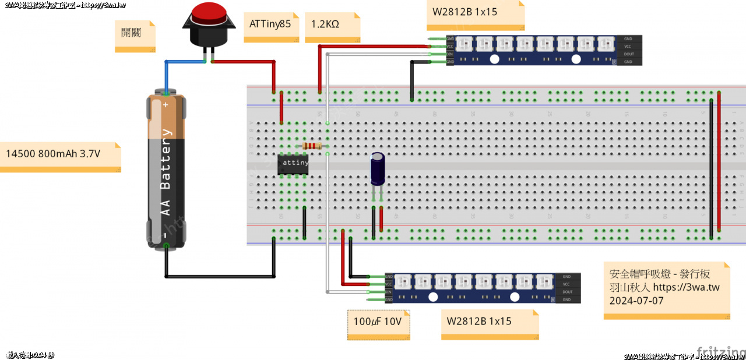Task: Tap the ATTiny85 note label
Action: pyautogui.click(x=270, y=24)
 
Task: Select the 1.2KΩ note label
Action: pyautogui.click(x=325, y=24)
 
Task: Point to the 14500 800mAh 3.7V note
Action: pyautogui.click(x=54, y=154)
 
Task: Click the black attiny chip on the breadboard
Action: pyautogui.click(x=293, y=164)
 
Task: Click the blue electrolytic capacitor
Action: pyautogui.click(x=378, y=169)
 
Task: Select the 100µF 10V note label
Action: pyautogui.click(x=378, y=322)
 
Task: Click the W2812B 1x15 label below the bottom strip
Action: pyautogui.click(x=479, y=322)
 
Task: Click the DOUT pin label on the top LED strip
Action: pyautogui.click(x=628, y=54)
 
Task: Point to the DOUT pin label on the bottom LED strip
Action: pyautogui.click(x=567, y=292)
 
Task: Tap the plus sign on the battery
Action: pyautogui.click(x=166, y=105)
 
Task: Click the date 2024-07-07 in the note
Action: pyautogui.click(x=636, y=301)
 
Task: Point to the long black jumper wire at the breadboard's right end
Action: pyautogui.click(x=711, y=169)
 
